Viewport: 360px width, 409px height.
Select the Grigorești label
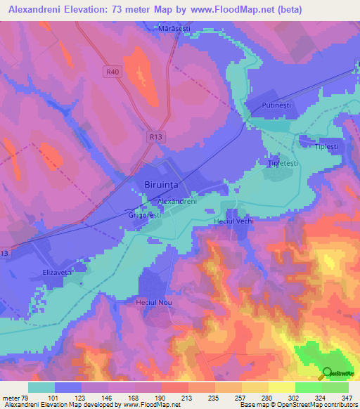[x=146, y=216]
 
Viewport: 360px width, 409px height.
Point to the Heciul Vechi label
[x=233, y=221]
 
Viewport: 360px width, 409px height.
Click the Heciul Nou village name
[x=153, y=301]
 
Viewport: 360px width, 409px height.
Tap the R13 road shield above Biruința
[x=156, y=137]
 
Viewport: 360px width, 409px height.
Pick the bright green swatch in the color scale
[x=308, y=387]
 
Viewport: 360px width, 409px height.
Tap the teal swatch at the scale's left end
[x=41, y=387]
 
